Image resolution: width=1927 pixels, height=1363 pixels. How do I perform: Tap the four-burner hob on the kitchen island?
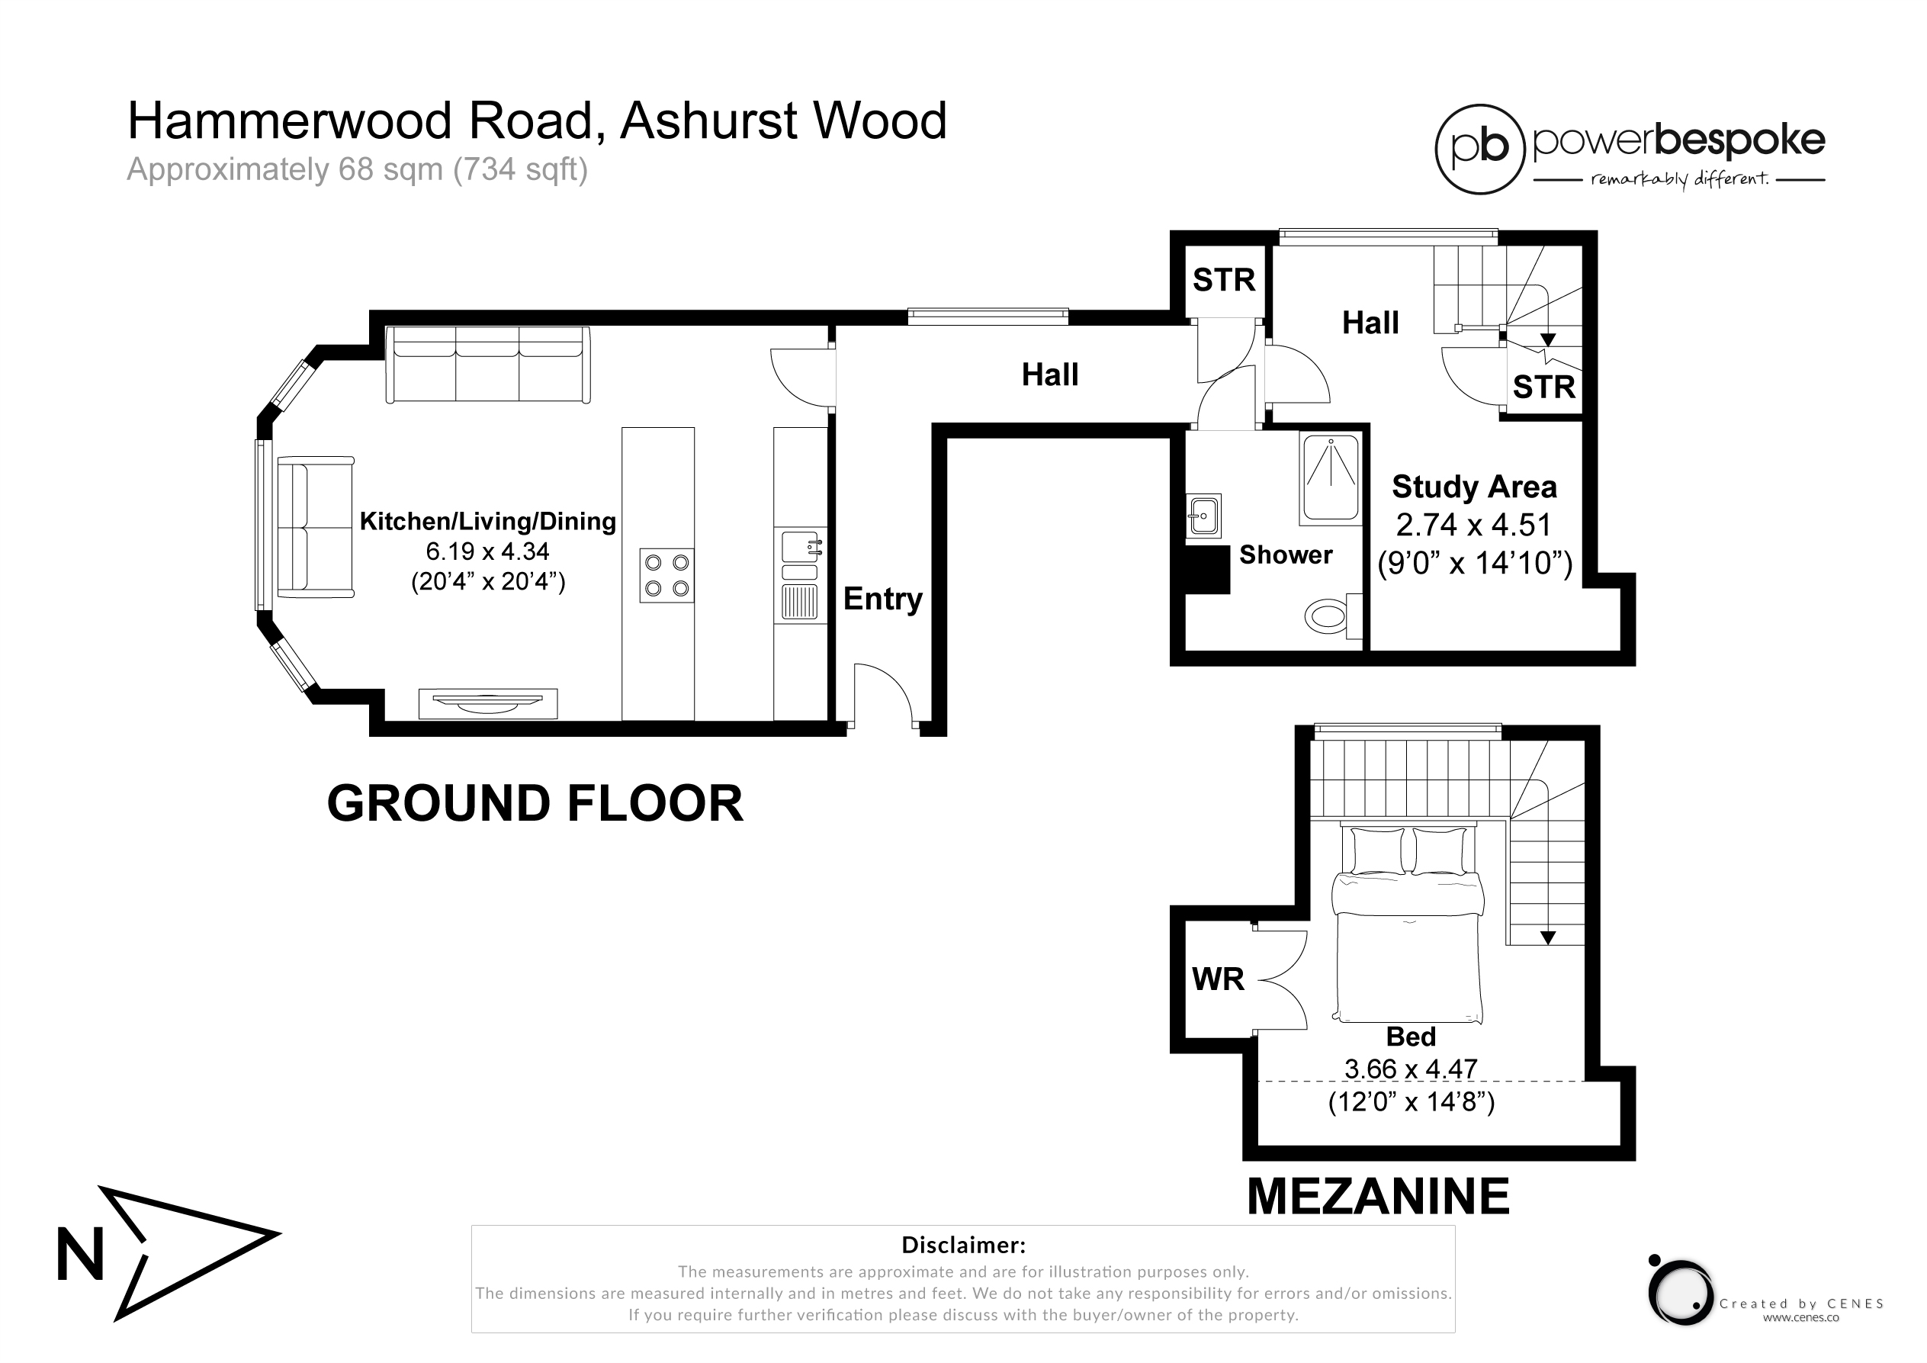click(x=667, y=575)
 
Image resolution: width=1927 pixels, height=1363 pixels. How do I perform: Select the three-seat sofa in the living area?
click(x=487, y=365)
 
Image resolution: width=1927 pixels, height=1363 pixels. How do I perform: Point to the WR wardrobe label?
click(x=1218, y=979)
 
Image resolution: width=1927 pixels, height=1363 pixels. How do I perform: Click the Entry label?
click(x=883, y=600)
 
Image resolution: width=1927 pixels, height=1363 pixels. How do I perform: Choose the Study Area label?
click(x=1475, y=487)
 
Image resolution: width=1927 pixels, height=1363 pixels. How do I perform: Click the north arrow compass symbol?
click(x=168, y=1253)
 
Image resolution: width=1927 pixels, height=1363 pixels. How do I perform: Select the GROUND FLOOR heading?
click(x=535, y=803)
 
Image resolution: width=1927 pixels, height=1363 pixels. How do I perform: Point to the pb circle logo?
click(x=1479, y=149)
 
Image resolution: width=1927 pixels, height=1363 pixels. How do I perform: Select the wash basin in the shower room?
click(x=1203, y=516)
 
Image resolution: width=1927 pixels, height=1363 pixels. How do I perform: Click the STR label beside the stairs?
click(x=1543, y=387)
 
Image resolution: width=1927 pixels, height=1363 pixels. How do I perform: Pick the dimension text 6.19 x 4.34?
click(x=487, y=551)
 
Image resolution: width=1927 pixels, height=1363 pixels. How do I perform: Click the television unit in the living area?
click(x=487, y=703)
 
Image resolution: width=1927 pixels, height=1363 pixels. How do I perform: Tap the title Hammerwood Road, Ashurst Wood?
click(x=537, y=121)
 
